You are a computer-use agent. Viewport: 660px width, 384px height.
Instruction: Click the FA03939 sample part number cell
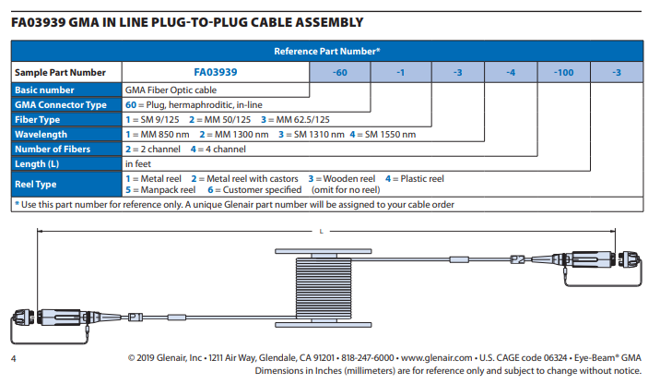(x=216, y=72)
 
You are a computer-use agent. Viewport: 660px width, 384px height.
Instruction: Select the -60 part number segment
(x=338, y=72)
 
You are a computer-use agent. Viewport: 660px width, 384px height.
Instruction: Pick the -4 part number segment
(x=510, y=72)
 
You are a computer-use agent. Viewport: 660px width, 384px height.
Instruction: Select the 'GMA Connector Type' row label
(x=61, y=105)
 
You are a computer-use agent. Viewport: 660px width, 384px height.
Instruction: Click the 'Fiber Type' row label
(x=39, y=120)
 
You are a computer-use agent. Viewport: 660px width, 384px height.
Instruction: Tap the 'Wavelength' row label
(x=41, y=135)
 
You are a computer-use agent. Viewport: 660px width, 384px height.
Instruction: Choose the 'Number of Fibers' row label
(x=53, y=149)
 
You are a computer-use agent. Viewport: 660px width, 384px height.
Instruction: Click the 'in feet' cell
(x=138, y=163)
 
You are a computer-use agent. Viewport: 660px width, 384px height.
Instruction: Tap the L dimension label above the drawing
(x=321, y=230)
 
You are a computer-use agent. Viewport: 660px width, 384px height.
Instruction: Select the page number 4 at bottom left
(x=13, y=357)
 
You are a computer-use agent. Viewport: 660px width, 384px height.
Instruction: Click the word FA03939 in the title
(x=42, y=21)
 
